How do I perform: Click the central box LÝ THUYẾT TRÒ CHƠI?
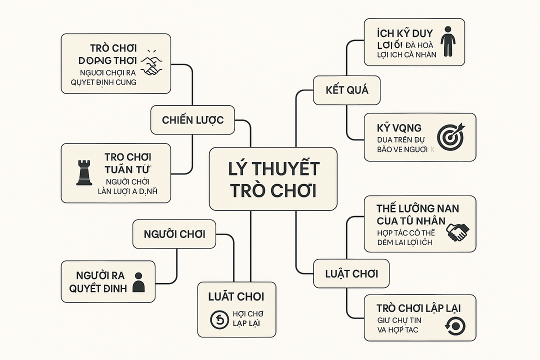[272, 179]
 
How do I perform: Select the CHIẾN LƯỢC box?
[192, 120]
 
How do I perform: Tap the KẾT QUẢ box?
[346, 90]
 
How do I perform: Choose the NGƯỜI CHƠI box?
[174, 233]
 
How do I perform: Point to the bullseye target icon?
[450, 135]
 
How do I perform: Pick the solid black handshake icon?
[457, 230]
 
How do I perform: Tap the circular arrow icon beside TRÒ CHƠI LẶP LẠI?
[454, 326]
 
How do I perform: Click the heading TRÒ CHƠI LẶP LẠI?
[419, 307]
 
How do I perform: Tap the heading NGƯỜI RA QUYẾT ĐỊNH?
[100, 281]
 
